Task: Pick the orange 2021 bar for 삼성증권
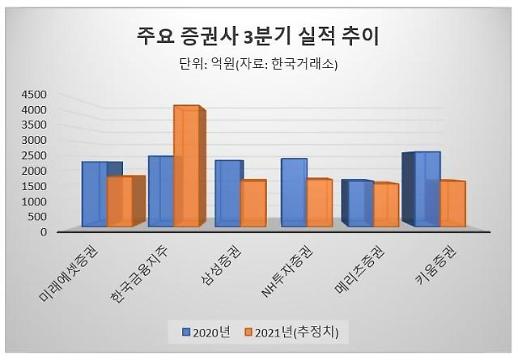(253, 203)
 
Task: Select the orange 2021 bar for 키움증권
(452, 203)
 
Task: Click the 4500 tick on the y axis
(34, 95)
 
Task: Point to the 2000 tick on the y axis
(34, 171)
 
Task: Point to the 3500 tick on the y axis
(34, 125)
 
